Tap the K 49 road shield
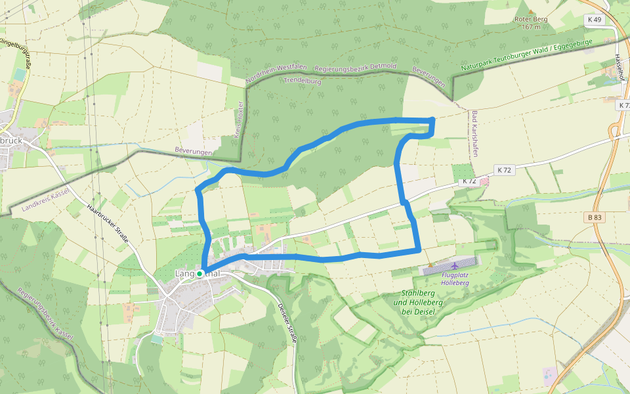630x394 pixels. [594, 20]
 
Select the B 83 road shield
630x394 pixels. [595, 217]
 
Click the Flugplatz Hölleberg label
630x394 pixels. [455, 278]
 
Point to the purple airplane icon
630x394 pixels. [455, 266]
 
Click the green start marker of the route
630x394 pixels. [199, 274]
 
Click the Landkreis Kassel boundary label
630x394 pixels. [45, 200]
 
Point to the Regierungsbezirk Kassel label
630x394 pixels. [45, 315]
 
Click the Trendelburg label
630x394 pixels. [303, 80]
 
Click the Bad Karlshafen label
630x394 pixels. [474, 134]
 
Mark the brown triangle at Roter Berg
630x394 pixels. [531, 11]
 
